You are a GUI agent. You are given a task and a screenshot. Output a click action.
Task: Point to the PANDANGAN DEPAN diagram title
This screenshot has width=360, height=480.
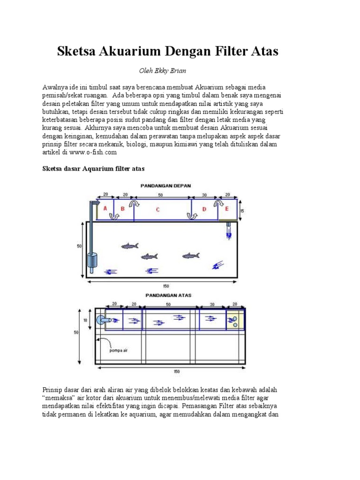(x=166, y=186)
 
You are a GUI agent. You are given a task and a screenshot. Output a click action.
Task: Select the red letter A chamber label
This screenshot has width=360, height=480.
(x=105, y=208)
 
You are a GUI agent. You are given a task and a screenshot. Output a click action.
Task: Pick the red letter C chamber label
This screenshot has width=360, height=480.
(x=157, y=210)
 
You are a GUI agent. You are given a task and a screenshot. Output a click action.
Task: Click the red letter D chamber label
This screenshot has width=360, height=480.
(x=203, y=209)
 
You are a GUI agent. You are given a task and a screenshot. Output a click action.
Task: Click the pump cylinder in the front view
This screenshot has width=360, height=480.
(x=92, y=260)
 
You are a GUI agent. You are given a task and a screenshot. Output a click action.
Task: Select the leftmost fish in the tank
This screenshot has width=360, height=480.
(x=129, y=246)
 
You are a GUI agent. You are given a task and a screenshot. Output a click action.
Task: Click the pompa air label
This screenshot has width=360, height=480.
(x=118, y=350)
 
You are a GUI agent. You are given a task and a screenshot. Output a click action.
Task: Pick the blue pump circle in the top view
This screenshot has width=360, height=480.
(x=101, y=320)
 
